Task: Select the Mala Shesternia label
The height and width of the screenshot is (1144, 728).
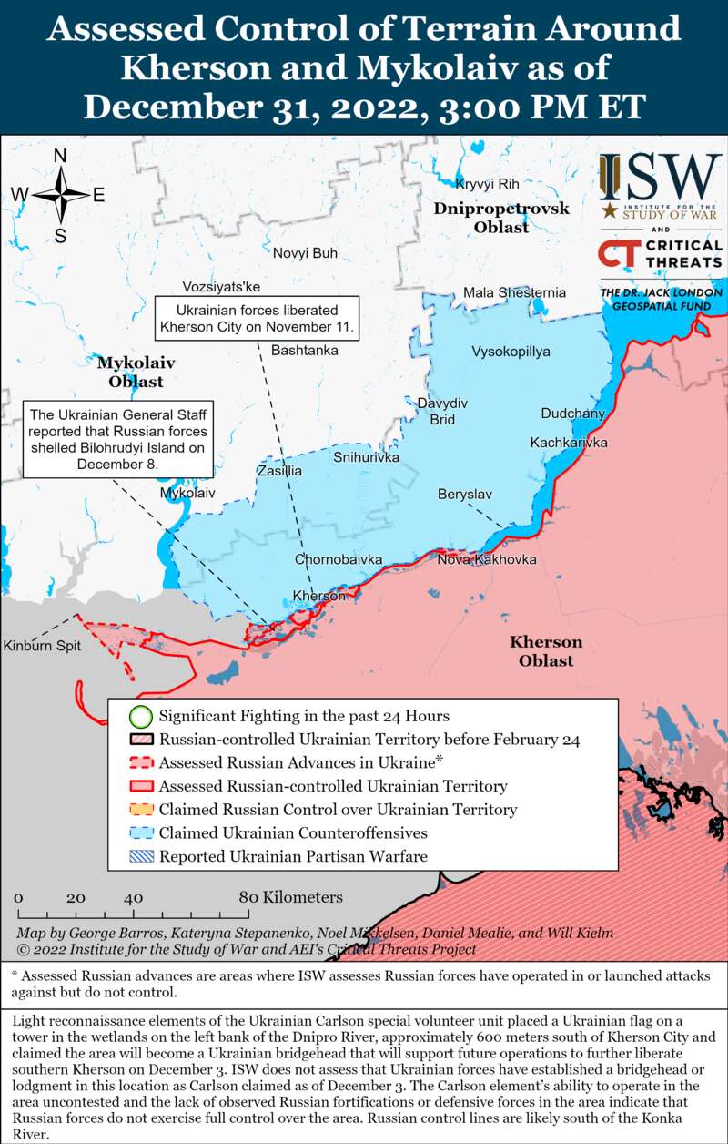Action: coord(514,292)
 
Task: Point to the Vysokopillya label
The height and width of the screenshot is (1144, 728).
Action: coord(511,352)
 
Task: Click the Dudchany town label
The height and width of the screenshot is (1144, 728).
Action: coord(572,414)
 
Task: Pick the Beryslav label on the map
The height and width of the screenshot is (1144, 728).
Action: coord(464,494)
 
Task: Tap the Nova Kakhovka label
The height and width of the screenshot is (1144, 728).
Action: coord(486,559)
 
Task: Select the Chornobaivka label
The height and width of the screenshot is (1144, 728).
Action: coord(338,559)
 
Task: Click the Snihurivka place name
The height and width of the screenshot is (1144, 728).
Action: coord(366,457)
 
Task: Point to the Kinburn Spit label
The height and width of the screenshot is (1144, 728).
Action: coord(42,646)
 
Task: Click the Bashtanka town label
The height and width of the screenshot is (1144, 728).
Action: coord(304,350)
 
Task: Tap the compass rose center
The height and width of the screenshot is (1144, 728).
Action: coord(60,195)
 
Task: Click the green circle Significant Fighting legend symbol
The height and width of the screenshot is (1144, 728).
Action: coord(140,716)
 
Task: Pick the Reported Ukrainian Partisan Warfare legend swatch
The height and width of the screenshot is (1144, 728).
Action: coord(140,856)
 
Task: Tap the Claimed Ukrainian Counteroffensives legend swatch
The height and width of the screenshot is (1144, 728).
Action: coord(140,832)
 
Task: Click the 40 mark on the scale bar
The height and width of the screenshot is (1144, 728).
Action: coord(134,897)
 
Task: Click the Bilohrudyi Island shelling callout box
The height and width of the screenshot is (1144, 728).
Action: coord(117,438)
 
